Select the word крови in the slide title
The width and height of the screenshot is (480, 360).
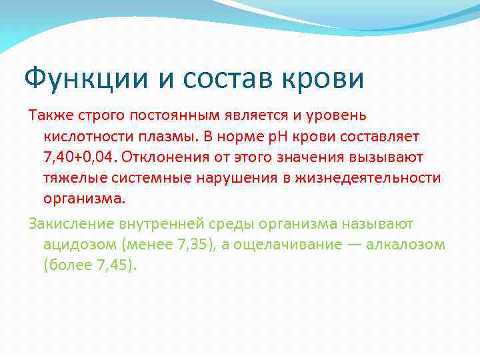click(x=329, y=79)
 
